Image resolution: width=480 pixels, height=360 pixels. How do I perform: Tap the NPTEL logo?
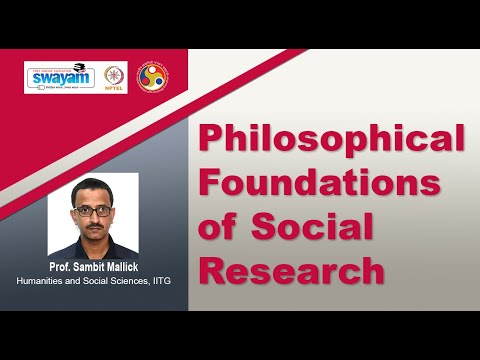pyautogui.click(x=114, y=77)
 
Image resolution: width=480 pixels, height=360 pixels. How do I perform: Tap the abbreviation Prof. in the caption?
pyautogui.click(x=62, y=267)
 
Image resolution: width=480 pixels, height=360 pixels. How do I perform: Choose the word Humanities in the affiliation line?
pyautogui.click(x=43, y=280)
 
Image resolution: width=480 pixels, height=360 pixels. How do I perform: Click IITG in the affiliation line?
pyautogui.click(x=158, y=280)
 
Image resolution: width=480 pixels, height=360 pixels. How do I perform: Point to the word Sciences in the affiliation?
pyautogui.click(x=123, y=280)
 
